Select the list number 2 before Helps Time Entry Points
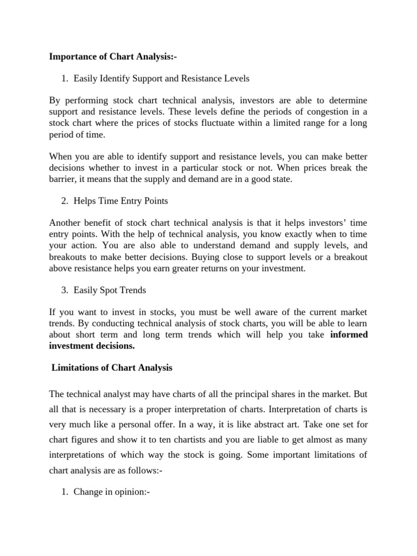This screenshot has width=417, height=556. (x=65, y=201)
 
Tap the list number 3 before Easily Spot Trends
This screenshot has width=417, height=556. (x=65, y=290)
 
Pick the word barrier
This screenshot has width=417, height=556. (x=63, y=179)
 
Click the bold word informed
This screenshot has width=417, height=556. (x=349, y=334)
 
